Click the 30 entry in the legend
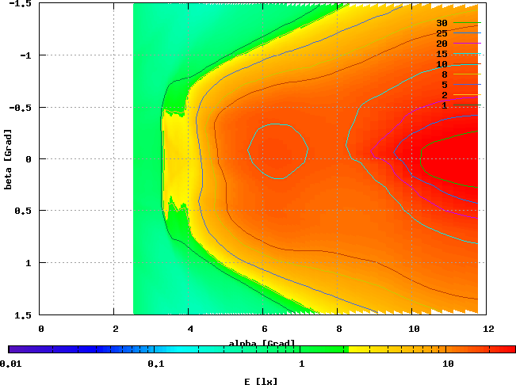[x=442, y=23]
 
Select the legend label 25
[x=442, y=33]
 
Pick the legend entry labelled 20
[x=442, y=44]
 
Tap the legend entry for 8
[x=445, y=74]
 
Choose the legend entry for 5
[x=445, y=85]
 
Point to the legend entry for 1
[x=445, y=105]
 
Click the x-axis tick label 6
[x=265, y=326]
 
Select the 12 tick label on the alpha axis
[x=488, y=326]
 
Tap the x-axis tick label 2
[x=115, y=326]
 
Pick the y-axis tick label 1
[x=28, y=262]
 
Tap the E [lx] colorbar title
[x=262, y=381]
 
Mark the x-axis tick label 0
[x=40, y=326]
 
